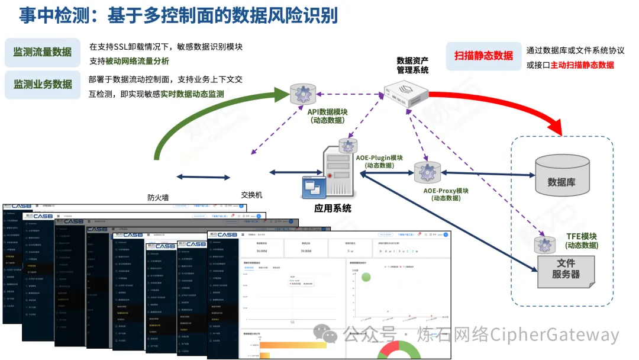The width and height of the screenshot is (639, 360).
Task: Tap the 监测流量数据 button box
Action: tap(43, 53)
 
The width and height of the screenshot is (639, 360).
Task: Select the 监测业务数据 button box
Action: tap(43, 84)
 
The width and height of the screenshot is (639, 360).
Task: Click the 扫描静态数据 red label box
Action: tap(483, 56)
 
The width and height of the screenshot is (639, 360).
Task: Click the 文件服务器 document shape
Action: tap(566, 269)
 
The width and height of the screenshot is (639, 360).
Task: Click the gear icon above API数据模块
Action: tap(303, 94)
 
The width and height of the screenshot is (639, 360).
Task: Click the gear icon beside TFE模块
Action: tap(543, 245)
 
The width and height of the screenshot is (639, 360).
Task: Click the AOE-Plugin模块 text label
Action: tap(379, 158)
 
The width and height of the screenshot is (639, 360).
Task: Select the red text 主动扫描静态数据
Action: tap(582, 65)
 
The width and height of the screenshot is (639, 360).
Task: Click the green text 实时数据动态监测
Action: tap(192, 94)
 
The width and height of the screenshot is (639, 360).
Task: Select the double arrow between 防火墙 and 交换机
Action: tap(203, 177)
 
